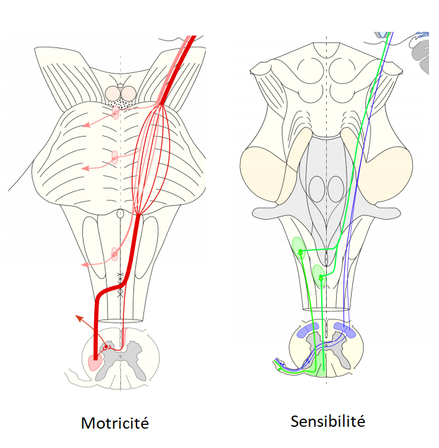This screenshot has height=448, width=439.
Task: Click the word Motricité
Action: pos(115,423)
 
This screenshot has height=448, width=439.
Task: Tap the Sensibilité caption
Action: pos(327,421)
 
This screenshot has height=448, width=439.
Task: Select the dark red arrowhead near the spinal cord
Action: pos(79,318)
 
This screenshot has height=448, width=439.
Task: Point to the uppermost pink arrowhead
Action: pos(87,124)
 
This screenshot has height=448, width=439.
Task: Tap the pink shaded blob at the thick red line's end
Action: pos(94,363)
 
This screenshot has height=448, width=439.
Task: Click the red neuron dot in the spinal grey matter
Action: pos(107,346)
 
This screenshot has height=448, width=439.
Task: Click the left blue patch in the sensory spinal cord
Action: pos(309,331)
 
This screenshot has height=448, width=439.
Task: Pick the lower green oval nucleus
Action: pos(319,274)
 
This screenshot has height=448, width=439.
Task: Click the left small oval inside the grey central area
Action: pos(317,189)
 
